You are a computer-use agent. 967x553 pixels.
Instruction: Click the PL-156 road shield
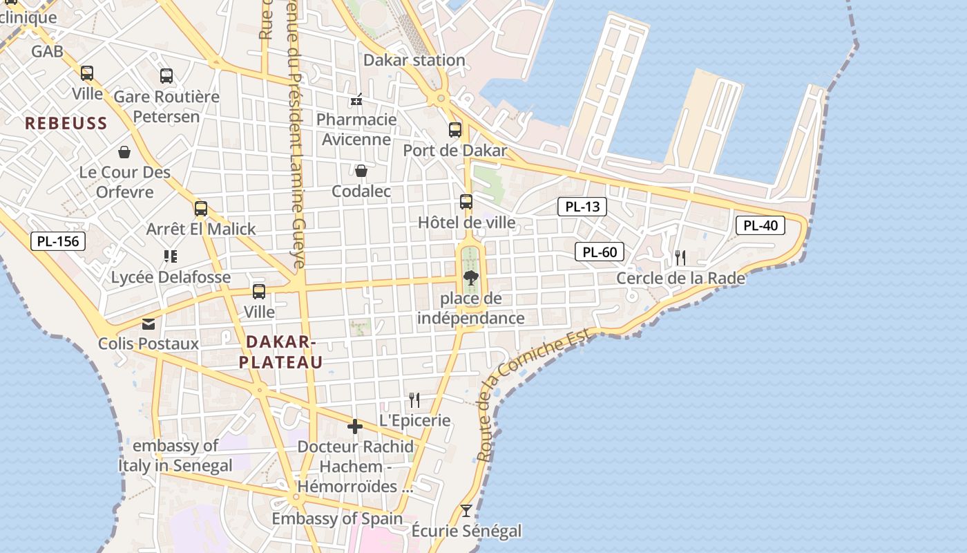(59, 241)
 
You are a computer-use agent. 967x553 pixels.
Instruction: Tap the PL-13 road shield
(582, 206)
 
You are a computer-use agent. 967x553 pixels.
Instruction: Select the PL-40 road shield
(760, 225)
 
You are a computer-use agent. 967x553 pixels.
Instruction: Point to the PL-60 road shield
(600, 252)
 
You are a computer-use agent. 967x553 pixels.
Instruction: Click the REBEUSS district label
(66, 124)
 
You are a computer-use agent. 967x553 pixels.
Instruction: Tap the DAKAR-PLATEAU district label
(280, 352)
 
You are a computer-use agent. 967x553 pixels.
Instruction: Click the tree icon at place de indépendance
(471, 278)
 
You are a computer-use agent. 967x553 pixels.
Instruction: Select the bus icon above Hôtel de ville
(466, 202)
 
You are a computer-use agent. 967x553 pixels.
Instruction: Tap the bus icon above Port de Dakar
(454, 129)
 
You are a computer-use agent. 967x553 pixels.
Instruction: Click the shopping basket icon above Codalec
(361, 170)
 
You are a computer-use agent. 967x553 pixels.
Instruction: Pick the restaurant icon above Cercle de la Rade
(680, 258)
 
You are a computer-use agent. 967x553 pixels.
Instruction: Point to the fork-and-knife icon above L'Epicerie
(414, 400)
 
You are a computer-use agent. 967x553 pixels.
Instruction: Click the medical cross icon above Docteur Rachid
(355, 427)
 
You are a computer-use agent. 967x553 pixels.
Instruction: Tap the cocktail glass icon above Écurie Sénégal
(466, 511)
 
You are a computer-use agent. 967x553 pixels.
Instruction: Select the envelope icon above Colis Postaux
(149, 324)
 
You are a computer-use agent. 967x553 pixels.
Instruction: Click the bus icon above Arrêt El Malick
(201, 208)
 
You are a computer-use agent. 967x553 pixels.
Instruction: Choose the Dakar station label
(414, 60)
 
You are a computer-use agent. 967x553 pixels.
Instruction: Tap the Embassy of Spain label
(337, 518)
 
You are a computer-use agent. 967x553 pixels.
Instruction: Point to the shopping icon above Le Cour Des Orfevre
(124, 151)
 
